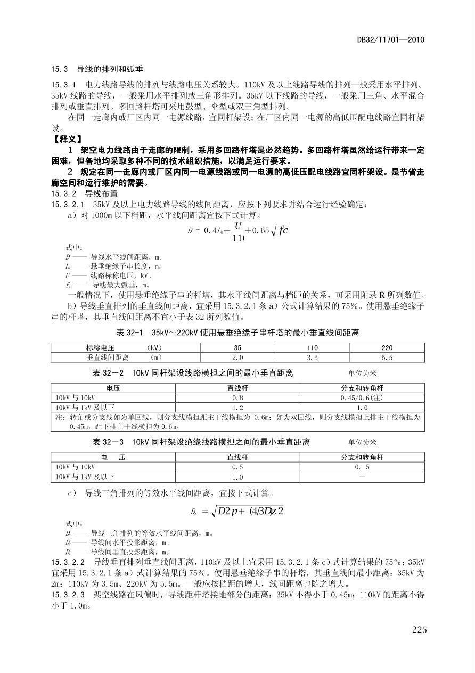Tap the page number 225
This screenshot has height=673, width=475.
(419, 630)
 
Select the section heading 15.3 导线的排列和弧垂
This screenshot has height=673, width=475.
(97, 69)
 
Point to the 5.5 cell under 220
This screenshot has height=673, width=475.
(387, 358)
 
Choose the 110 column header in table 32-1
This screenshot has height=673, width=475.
(313, 347)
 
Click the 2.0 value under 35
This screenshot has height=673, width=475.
(238, 358)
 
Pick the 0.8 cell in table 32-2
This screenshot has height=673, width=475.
(238, 398)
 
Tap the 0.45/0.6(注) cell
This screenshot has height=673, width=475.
(362, 398)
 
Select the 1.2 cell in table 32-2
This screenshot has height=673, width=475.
(238, 408)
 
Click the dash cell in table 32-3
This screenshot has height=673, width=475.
(362, 477)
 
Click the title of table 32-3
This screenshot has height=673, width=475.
(201, 442)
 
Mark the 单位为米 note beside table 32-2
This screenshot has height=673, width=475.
(363, 373)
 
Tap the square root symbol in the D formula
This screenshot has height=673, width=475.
(275, 231)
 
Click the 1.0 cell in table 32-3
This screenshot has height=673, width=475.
(238, 477)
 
